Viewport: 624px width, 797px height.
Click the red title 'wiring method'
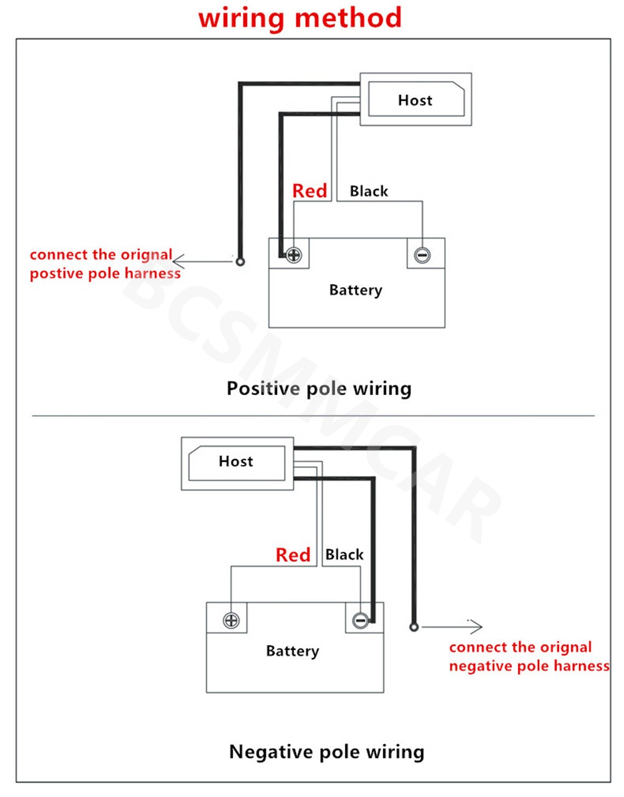pos(300,17)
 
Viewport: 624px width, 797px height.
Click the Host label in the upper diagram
pos(415,100)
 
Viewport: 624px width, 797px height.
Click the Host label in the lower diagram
pos(236,461)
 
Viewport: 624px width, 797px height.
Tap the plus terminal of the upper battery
pos(294,255)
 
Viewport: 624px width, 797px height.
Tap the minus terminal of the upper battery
pos(422,255)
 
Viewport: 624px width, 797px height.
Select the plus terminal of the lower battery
pos(231,620)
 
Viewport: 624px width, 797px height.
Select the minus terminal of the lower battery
pos(360,620)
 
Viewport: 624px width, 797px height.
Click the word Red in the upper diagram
pos(310,191)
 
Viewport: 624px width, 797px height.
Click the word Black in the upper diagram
pos(369,191)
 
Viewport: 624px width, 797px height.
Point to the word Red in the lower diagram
pos(293,555)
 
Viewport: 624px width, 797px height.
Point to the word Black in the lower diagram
pos(344,554)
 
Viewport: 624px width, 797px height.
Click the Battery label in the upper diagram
pos(356,290)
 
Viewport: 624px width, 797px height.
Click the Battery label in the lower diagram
pos(293,651)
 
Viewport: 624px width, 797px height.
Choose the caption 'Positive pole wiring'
pos(319,388)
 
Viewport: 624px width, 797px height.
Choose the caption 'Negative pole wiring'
pos(326,751)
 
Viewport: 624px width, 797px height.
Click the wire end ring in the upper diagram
pos(240,262)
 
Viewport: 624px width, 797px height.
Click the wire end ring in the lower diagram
pos(414,626)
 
